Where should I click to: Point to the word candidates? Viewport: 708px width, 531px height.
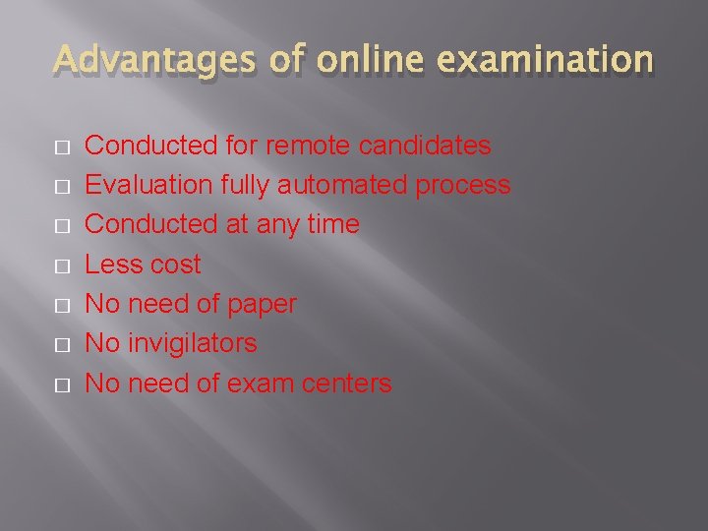pyautogui.click(x=425, y=146)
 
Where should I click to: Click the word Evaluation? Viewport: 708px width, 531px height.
pyautogui.click(x=148, y=185)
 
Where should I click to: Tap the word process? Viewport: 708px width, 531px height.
pyautogui.click(x=463, y=186)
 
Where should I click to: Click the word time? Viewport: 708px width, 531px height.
pyautogui.click(x=332, y=224)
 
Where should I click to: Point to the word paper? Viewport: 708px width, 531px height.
pyautogui.click(x=262, y=305)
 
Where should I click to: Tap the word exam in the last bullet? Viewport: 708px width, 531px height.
pyautogui.click(x=259, y=383)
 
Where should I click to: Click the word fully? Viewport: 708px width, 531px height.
pyautogui.click(x=246, y=186)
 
